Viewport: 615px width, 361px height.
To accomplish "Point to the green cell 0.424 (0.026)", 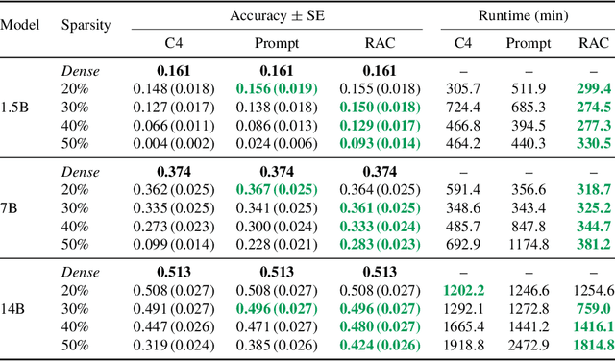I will (x=378, y=343).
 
